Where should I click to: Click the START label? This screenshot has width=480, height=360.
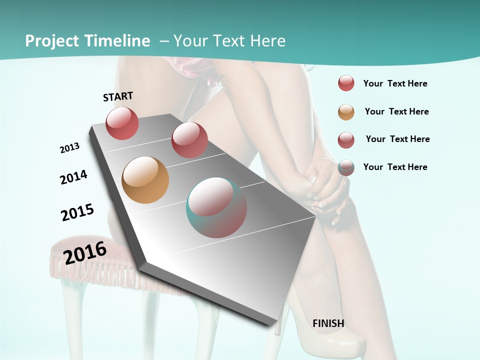(x=118, y=96)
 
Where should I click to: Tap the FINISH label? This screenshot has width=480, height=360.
(x=328, y=323)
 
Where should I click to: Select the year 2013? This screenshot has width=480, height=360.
(x=69, y=148)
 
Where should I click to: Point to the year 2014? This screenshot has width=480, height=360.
(x=73, y=177)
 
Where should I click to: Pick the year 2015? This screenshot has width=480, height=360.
(x=77, y=212)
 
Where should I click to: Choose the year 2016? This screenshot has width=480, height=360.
(x=85, y=252)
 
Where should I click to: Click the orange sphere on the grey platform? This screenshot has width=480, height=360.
(x=145, y=180)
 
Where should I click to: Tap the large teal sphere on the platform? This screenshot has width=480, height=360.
(x=216, y=207)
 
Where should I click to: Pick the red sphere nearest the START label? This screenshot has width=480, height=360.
(x=122, y=123)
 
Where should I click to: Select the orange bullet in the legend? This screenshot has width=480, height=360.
(x=346, y=112)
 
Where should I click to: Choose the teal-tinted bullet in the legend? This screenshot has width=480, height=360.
(x=346, y=167)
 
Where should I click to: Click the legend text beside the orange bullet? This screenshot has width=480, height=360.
(x=396, y=111)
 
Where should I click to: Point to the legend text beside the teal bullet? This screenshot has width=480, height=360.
(x=395, y=167)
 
